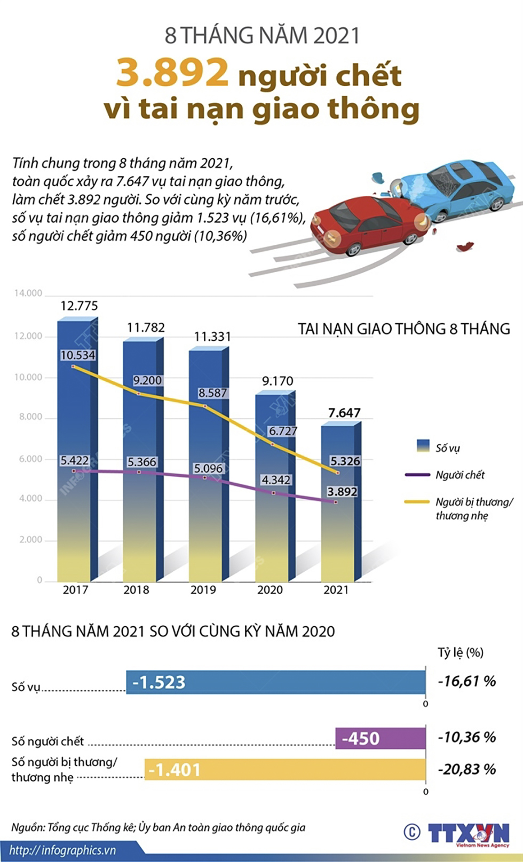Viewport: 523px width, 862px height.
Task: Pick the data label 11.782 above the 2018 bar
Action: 146,328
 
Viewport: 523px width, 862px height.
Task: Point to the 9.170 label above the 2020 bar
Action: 278,381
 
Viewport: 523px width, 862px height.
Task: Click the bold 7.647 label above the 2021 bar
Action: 344,413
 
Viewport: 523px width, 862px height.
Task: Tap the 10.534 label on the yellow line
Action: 78,355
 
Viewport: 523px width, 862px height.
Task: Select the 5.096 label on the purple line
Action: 208,468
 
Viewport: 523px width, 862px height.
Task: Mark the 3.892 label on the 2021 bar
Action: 342,492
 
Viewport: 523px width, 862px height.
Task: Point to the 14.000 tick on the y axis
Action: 28,293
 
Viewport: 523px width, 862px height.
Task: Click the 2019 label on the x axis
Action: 203,590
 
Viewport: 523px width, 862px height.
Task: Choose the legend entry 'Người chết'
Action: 459,475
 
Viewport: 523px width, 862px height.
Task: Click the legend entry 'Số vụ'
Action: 447,448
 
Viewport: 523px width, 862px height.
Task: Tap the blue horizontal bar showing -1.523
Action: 276,682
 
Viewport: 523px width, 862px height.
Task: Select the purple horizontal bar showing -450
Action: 381,738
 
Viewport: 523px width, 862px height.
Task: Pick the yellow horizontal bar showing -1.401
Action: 285,770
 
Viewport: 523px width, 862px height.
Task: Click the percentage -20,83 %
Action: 467,769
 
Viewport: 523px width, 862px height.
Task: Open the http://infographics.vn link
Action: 62,850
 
